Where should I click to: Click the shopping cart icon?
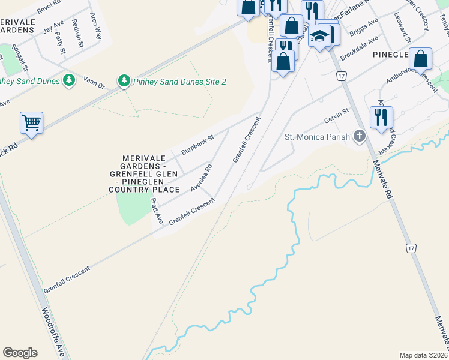tap(32, 122)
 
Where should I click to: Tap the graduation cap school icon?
tap(321, 35)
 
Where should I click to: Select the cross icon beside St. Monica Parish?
tap(360, 136)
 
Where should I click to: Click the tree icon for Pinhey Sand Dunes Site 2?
tap(124, 80)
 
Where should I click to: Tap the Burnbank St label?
tap(197, 146)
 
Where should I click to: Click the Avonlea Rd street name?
tap(202, 178)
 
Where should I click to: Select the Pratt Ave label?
tap(157, 211)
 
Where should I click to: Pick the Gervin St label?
tap(336, 115)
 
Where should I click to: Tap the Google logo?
tap(20, 353)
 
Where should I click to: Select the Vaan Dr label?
tap(94, 83)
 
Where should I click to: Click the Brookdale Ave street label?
tap(358, 47)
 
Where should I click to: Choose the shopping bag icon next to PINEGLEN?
tap(421, 59)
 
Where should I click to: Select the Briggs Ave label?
tap(364, 28)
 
